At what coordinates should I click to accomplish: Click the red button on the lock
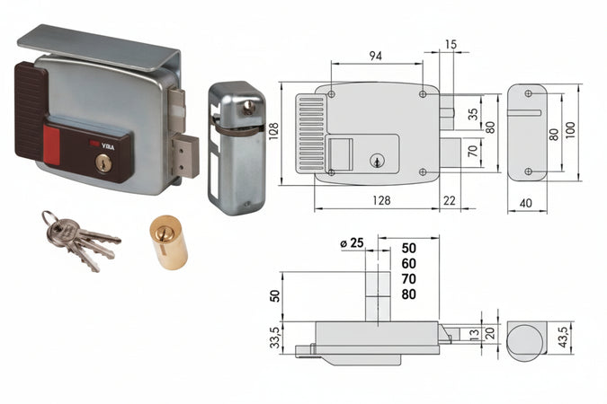pyautogui.click(x=52, y=142)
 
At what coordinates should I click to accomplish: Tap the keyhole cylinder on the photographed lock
pyautogui.click(x=103, y=162)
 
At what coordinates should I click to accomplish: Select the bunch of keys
pyautogui.click(x=76, y=238)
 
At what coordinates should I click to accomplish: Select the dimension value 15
pyautogui.click(x=451, y=44)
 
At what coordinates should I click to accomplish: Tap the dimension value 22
pyautogui.click(x=451, y=200)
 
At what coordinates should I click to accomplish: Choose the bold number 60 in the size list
pyautogui.click(x=409, y=263)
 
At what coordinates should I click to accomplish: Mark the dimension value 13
pyautogui.click(x=474, y=335)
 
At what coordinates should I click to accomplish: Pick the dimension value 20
pyautogui.click(x=490, y=334)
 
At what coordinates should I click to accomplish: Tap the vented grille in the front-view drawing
pyautogui.click(x=311, y=134)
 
